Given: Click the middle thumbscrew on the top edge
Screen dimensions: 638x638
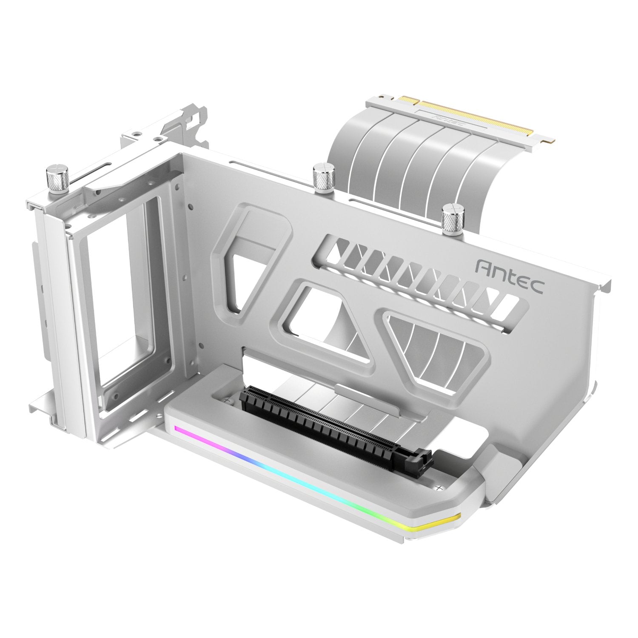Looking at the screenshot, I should [322, 178].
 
